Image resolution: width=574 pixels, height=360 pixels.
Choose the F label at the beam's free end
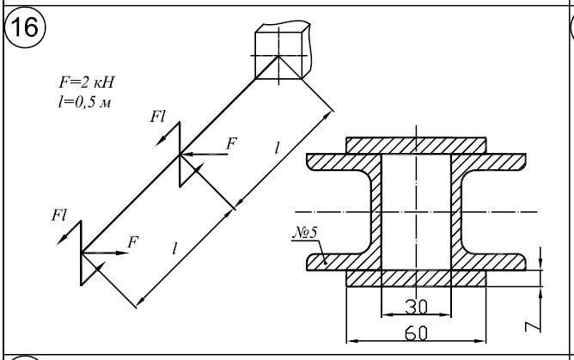(x=131, y=241)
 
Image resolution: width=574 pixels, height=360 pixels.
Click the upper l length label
(x=276, y=148)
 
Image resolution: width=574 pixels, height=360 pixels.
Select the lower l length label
(x=175, y=250)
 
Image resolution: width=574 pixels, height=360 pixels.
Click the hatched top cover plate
(x=415, y=143)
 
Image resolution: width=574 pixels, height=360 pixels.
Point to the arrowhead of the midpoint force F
(x=184, y=156)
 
